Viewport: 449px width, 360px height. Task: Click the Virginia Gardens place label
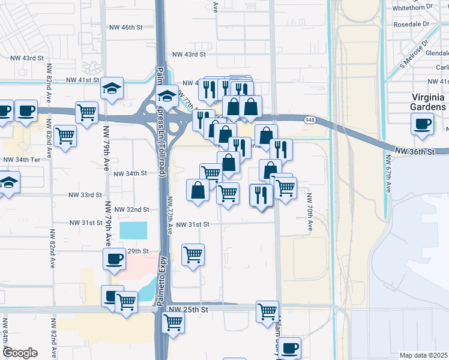point(428,102)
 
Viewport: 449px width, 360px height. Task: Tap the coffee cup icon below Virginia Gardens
point(421,124)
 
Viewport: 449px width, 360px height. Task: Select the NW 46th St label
point(125,28)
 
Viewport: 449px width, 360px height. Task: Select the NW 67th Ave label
point(388,174)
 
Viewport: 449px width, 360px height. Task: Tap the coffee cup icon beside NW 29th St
point(114,259)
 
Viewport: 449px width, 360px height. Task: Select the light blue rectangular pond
point(133,230)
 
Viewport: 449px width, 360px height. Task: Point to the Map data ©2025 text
point(423,355)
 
